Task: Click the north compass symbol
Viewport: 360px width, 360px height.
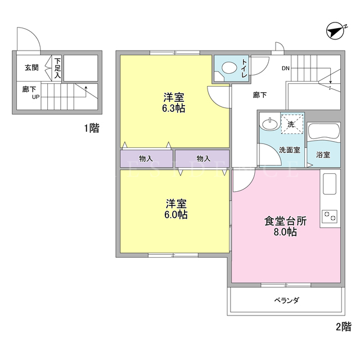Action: click(x=336, y=31)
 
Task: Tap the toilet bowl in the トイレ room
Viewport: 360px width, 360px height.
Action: click(x=229, y=68)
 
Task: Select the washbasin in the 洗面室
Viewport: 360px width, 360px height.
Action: click(x=269, y=124)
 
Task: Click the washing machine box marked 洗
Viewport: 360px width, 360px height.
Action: click(x=292, y=124)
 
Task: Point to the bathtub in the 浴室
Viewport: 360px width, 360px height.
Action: click(x=324, y=132)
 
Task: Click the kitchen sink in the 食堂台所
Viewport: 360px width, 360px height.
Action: click(x=330, y=184)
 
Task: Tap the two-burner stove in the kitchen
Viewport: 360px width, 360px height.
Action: click(x=330, y=217)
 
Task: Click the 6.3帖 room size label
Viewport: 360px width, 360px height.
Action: click(x=174, y=109)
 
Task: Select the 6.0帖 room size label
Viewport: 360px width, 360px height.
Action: click(x=176, y=215)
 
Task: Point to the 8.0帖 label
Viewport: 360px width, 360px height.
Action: click(x=285, y=232)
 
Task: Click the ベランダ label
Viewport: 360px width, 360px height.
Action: click(x=287, y=300)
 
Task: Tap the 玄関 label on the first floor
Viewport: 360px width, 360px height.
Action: click(x=31, y=67)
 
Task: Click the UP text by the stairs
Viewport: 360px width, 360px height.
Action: click(x=35, y=97)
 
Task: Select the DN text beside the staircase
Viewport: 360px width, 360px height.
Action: click(x=286, y=68)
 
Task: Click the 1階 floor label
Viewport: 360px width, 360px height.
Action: click(x=92, y=128)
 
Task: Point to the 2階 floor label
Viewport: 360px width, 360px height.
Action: click(x=344, y=327)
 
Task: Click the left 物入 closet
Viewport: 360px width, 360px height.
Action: click(x=146, y=159)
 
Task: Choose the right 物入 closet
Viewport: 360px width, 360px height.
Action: click(x=202, y=159)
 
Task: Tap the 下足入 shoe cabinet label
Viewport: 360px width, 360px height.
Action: click(x=57, y=68)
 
